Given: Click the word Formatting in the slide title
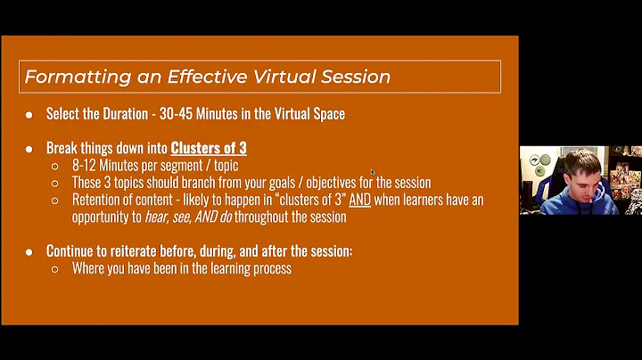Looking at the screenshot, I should click(68, 77).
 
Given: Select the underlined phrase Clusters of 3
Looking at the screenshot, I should click(209, 148).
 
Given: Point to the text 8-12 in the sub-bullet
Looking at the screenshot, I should click(85, 165).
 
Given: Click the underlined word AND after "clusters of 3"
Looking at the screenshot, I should click(355, 200).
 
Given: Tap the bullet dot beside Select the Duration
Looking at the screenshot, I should click(29, 114).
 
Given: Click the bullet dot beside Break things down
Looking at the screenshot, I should click(29, 149).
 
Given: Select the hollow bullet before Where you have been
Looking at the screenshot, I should click(54, 268).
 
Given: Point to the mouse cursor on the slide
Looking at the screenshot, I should click(373, 172).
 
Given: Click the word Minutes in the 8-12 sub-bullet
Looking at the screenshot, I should click(125, 165).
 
